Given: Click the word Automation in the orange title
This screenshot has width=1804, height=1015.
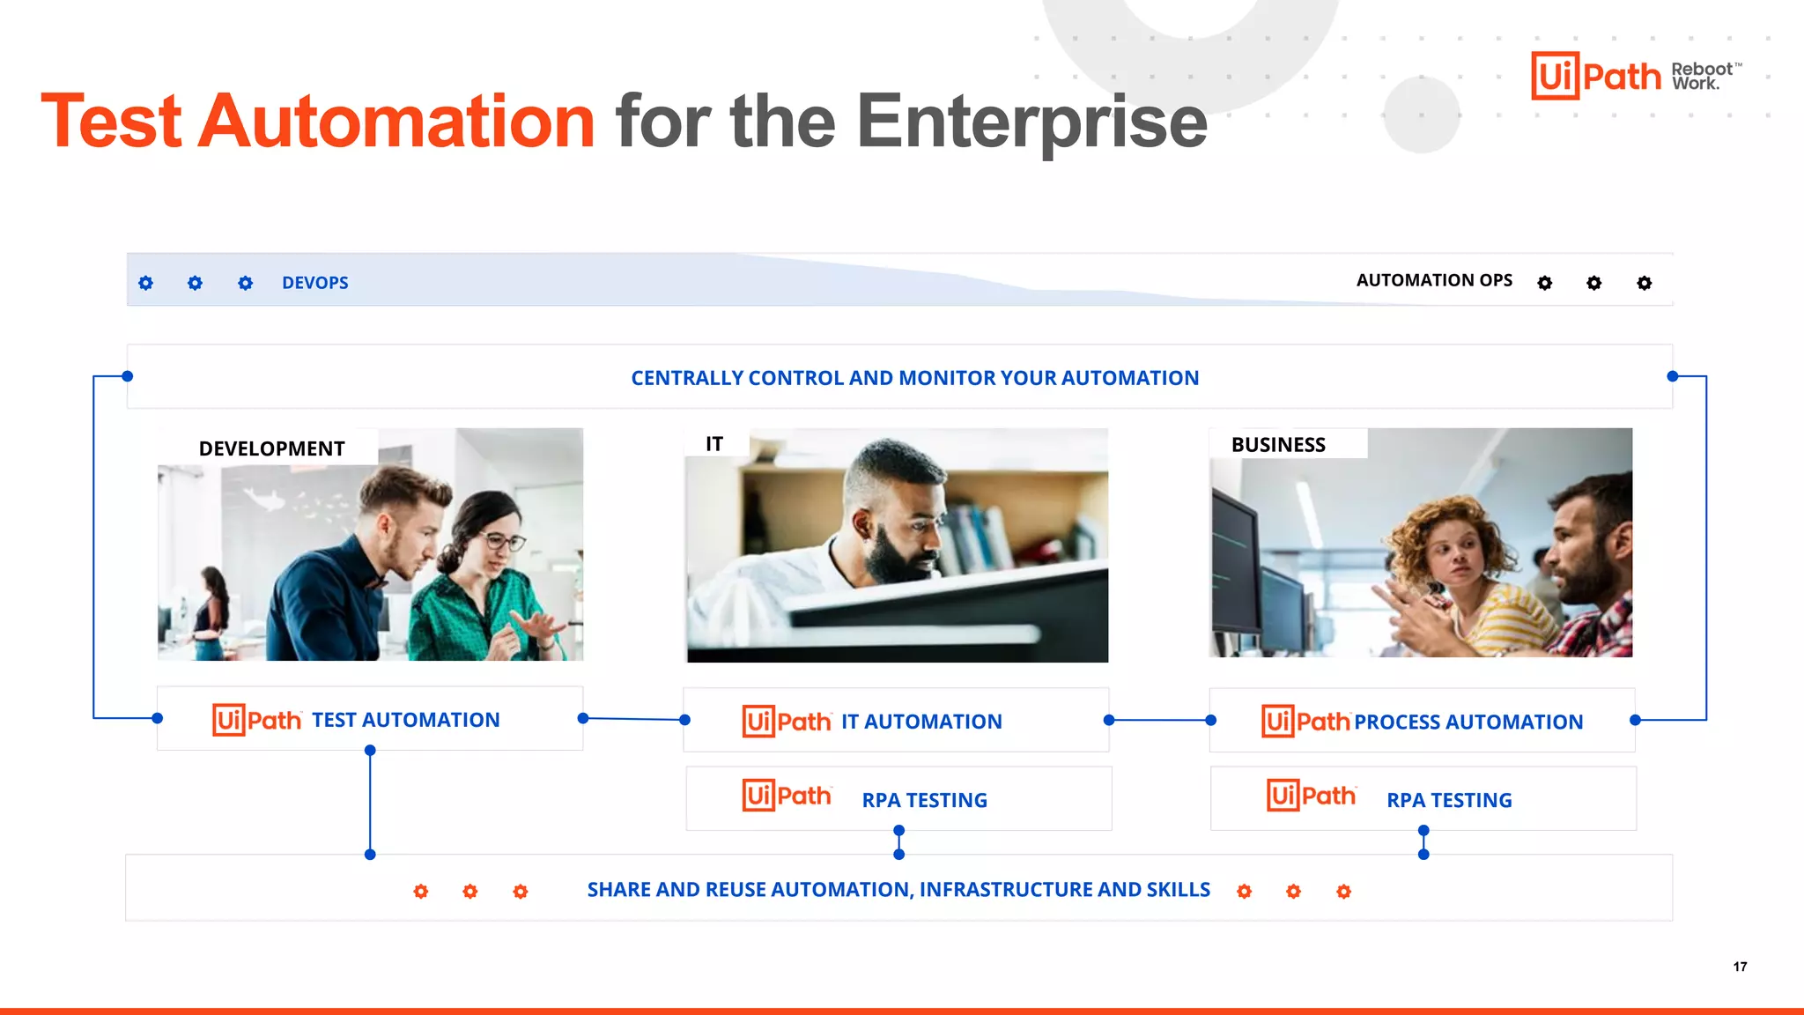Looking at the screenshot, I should coord(396,122).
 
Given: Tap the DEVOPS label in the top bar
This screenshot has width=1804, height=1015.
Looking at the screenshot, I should coord(314,283).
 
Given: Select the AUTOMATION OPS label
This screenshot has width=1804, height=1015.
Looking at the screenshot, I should coord(1433,280).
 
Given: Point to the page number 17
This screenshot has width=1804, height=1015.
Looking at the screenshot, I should coord(1740,967).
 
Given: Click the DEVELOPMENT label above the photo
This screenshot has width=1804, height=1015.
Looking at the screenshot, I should coord(271,448).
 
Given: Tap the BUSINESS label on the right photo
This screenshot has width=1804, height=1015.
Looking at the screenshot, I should coord(1277,445).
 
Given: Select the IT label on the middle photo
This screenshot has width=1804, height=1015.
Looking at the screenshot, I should coord(713,444).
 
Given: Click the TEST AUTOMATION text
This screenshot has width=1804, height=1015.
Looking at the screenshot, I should coord(405,720).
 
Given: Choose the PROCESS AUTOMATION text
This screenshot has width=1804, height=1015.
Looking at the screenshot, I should coord(1468,722).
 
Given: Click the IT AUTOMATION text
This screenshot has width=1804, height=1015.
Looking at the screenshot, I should coord(920,722).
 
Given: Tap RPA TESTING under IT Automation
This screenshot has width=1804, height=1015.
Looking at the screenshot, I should coord(924,800).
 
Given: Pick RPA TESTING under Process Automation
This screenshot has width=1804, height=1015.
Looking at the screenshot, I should coord(1449,800).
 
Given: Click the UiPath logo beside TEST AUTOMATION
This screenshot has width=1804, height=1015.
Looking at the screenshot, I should coord(256,720).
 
